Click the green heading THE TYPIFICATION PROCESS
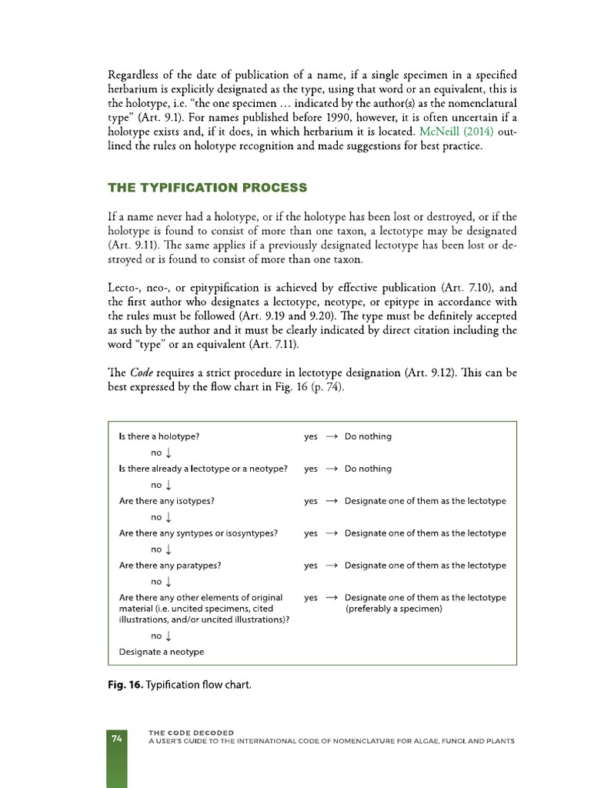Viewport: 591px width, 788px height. pos(207,188)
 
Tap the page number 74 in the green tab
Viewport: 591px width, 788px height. pos(117,739)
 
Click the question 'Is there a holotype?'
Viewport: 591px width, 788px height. pos(159,436)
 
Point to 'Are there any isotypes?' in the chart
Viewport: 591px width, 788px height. pos(167,501)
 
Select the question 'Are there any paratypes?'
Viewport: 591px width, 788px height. pos(170,565)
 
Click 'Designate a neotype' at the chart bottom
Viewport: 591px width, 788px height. pos(162,652)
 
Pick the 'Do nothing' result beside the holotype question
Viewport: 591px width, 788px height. pos(368,436)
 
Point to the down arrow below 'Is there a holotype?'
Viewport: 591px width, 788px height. pos(168,453)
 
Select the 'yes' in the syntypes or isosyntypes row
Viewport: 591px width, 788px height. pos(310,533)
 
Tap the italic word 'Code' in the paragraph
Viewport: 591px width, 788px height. pos(142,372)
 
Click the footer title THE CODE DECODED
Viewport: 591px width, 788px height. pos(192,733)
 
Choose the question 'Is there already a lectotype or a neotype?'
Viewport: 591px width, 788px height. pos(203,469)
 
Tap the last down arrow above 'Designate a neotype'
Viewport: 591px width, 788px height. pos(168,636)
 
